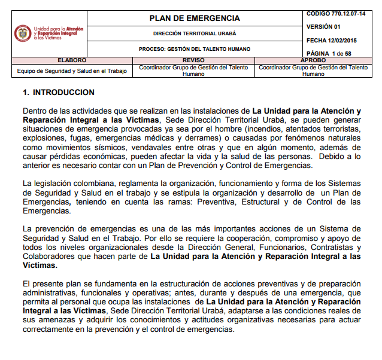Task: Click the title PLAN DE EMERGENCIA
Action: click(x=194, y=19)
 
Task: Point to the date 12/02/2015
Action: click(x=344, y=41)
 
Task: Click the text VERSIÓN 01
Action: click(x=323, y=27)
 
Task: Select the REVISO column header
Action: click(x=193, y=60)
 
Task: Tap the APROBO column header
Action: click(x=313, y=60)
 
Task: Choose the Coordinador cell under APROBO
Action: click(x=313, y=71)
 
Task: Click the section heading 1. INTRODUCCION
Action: click(x=58, y=93)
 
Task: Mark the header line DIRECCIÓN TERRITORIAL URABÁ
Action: click(x=194, y=35)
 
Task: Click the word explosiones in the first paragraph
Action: click(x=43, y=138)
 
